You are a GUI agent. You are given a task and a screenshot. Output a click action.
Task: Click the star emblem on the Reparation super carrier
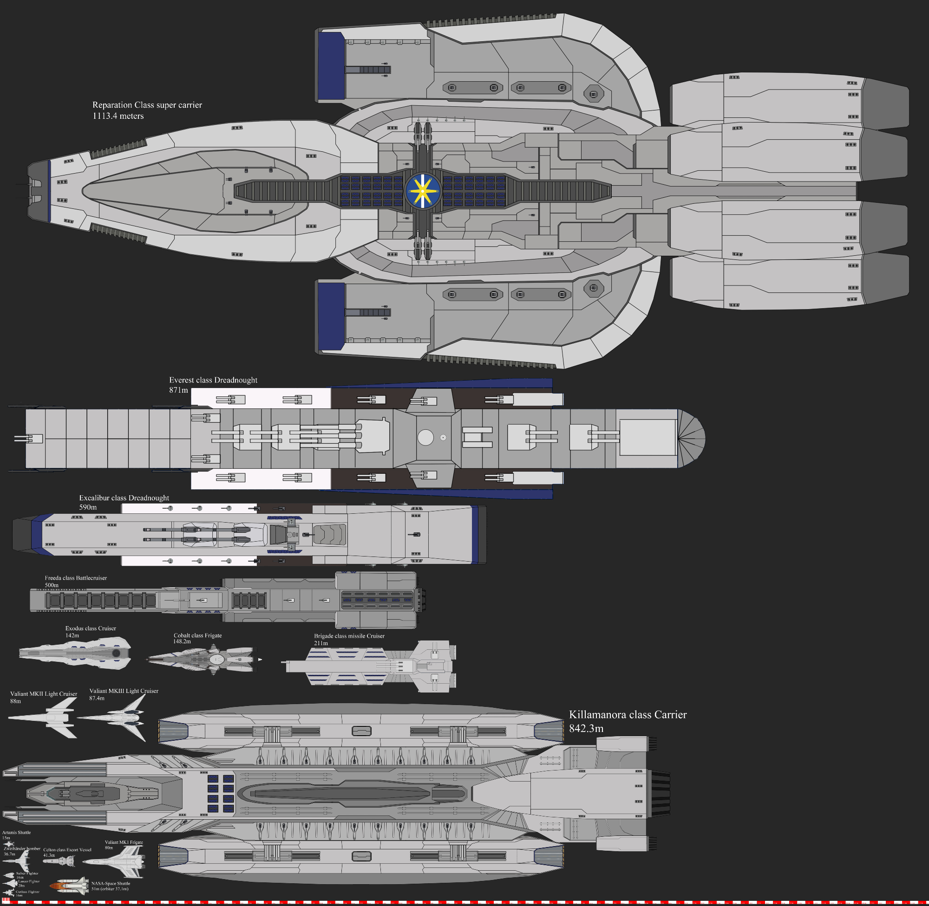point(422,191)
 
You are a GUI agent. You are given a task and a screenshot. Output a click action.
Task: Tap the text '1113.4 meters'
point(118,116)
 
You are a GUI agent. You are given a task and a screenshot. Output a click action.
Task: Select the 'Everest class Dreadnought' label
point(213,380)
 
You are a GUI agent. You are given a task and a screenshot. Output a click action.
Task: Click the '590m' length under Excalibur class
point(88,507)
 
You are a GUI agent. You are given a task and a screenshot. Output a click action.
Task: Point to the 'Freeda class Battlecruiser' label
point(76,578)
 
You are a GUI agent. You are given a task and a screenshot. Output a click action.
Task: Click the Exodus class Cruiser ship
point(75,654)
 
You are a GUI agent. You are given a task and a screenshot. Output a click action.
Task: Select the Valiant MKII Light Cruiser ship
point(45,718)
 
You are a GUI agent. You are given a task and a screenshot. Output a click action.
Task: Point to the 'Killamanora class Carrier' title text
point(628,715)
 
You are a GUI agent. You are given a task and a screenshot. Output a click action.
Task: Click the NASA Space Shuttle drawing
point(72,886)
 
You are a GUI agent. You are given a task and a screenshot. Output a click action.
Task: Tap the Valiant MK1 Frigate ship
point(117,862)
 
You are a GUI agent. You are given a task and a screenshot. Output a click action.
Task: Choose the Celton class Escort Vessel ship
point(59,861)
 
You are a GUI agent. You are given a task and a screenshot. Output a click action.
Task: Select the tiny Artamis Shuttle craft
point(8,844)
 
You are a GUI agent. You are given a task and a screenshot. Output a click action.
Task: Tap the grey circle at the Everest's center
point(425,438)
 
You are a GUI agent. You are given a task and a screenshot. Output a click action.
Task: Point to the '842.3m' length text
point(586,729)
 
